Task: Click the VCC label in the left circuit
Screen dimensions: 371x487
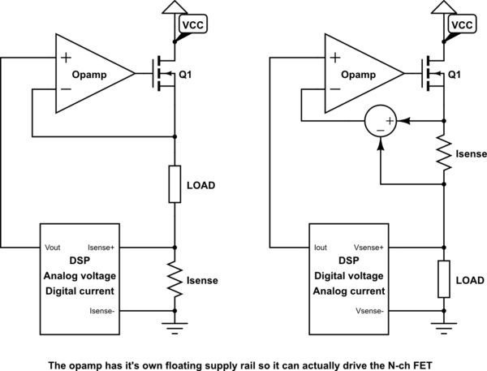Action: (192, 25)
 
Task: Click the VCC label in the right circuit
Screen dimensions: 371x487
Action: (461, 25)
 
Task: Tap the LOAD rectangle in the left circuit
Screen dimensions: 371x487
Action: (175, 185)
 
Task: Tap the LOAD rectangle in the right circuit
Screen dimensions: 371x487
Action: (444, 279)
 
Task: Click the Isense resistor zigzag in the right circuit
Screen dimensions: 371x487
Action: (444, 153)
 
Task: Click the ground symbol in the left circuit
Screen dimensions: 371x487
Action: (175, 327)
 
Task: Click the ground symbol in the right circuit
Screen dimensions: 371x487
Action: (444, 327)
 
